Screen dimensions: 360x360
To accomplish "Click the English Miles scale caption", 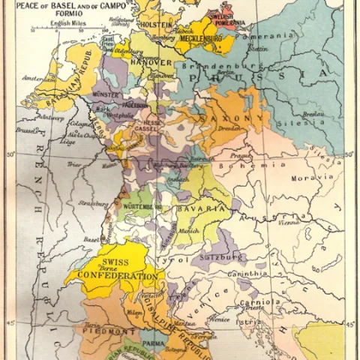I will coord(68,24).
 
